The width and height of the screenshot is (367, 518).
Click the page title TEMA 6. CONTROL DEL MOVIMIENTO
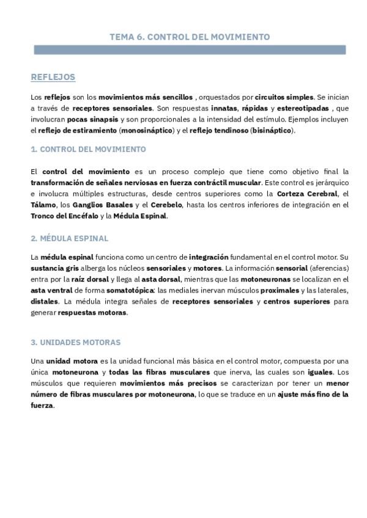coord(189,37)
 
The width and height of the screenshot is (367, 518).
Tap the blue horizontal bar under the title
coord(189,49)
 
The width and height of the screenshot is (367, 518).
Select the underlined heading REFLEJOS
coord(53,77)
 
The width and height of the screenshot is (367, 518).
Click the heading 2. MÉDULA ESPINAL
coord(69,238)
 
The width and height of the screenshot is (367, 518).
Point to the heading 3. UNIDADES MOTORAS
coord(75,342)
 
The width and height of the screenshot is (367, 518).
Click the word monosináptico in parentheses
coord(147,130)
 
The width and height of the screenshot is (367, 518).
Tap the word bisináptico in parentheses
coord(272,130)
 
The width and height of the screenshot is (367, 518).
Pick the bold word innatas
coord(217,108)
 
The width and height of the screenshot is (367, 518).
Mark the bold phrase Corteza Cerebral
coord(304,194)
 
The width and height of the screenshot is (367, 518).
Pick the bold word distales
coord(45,301)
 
